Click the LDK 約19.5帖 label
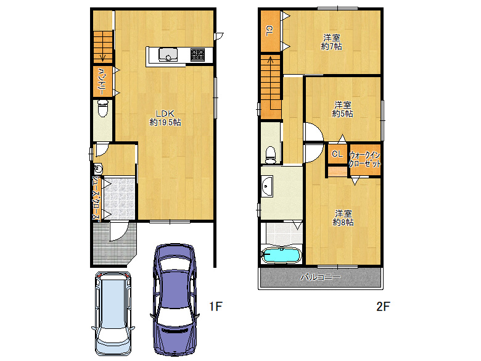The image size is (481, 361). (x=165, y=118)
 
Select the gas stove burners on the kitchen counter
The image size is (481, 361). (x=197, y=56)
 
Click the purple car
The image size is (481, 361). (x=175, y=296)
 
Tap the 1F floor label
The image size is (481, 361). (x=215, y=306)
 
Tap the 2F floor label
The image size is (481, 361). (x=384, y=306)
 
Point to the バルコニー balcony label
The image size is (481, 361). (x=320, y=277)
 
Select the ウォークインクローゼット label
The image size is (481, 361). (x=365, y=160)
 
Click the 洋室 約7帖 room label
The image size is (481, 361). (x=331, y=41)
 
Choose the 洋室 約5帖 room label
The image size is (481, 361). (x=343, y=109)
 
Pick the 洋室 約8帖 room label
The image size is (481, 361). (x=343, y=217)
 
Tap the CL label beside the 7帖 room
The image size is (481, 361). (x=269, y=30)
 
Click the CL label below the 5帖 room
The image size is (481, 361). (x=337, y=154)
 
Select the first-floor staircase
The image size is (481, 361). (x=103, y=46)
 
